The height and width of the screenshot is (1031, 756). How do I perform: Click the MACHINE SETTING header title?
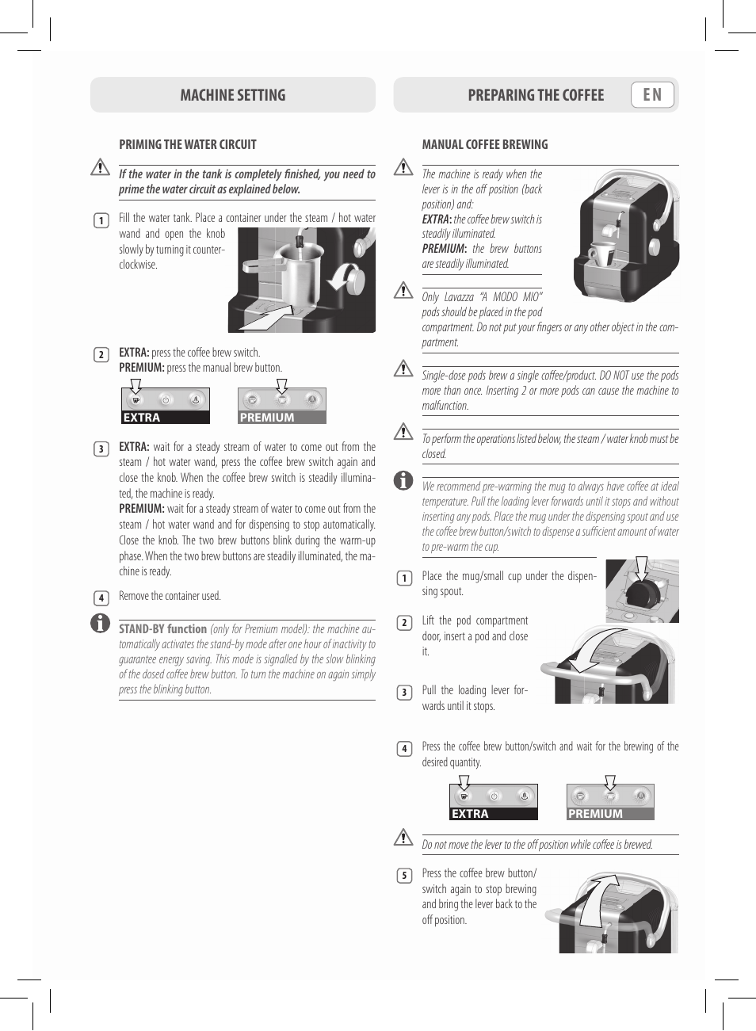(232, 95)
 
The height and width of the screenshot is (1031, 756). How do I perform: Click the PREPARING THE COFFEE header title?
(536, 95)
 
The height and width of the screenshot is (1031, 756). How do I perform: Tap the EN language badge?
(652, 95)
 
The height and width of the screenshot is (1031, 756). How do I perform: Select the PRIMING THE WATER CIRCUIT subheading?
(188, 144)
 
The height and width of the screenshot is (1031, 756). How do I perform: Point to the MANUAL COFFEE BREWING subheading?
(485, 144)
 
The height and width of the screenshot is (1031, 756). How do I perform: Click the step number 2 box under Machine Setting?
(101, 354)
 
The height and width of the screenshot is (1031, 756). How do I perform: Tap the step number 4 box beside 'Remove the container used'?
(101, 598)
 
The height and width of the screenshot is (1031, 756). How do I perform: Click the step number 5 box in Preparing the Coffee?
(404, 875)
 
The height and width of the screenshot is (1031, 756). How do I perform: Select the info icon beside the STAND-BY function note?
(100, 623)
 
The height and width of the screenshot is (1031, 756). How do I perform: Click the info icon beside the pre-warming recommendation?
(403, 480)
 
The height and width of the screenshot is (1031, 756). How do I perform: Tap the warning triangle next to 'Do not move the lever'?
(403, 837)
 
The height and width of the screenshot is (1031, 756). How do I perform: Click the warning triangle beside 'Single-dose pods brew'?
(403, 368)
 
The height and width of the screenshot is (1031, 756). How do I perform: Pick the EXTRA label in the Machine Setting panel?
(142, 418)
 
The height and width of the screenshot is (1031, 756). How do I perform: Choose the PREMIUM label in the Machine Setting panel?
(267, 418)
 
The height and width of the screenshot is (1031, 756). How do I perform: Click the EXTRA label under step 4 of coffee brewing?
(470, 814)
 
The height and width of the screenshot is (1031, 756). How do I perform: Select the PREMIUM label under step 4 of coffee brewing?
(595, 814)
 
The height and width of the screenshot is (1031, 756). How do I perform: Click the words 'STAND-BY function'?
(162, 628)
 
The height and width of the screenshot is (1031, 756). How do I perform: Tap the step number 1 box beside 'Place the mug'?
(404, 578)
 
